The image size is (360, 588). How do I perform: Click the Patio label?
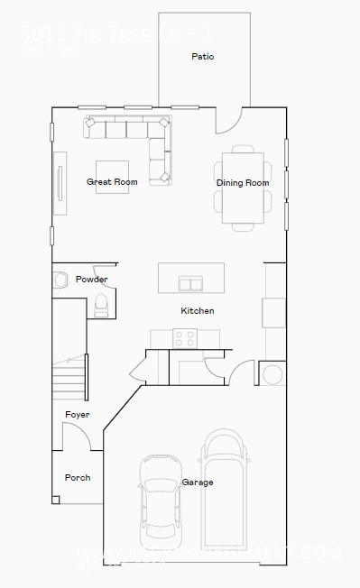pyautogui.click(x=202, y=56)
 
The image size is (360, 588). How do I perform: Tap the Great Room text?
pyautogui.click(x=112, y=182)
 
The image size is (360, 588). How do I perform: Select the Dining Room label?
pyautogui.click(x=243, y=183)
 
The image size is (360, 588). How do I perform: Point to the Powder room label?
pyautogui.click(x=92, y=280)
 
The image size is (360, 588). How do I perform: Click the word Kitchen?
pyautogui.click(x=198, y=311)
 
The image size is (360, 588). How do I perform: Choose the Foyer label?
pyautogui.click(x=78, y=415)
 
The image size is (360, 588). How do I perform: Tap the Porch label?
pyautogui.click(x=78, y=477)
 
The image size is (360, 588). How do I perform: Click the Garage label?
pyautogui.click(x=198, y=482)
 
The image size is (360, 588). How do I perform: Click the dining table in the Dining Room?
pyautogui.click(x=243, y=188)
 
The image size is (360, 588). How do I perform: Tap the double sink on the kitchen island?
pyautogui.click(x=190, y=284)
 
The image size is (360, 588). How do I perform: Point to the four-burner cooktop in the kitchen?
pyautogui.click(x=185, y=338)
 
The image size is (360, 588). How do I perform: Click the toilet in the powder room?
pyautogui.click(x=101, y=305)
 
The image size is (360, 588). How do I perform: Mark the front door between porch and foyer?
pyautogui.click(x=77, y=436)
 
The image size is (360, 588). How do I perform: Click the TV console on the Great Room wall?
pyautogui.click(x=60, y=182)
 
